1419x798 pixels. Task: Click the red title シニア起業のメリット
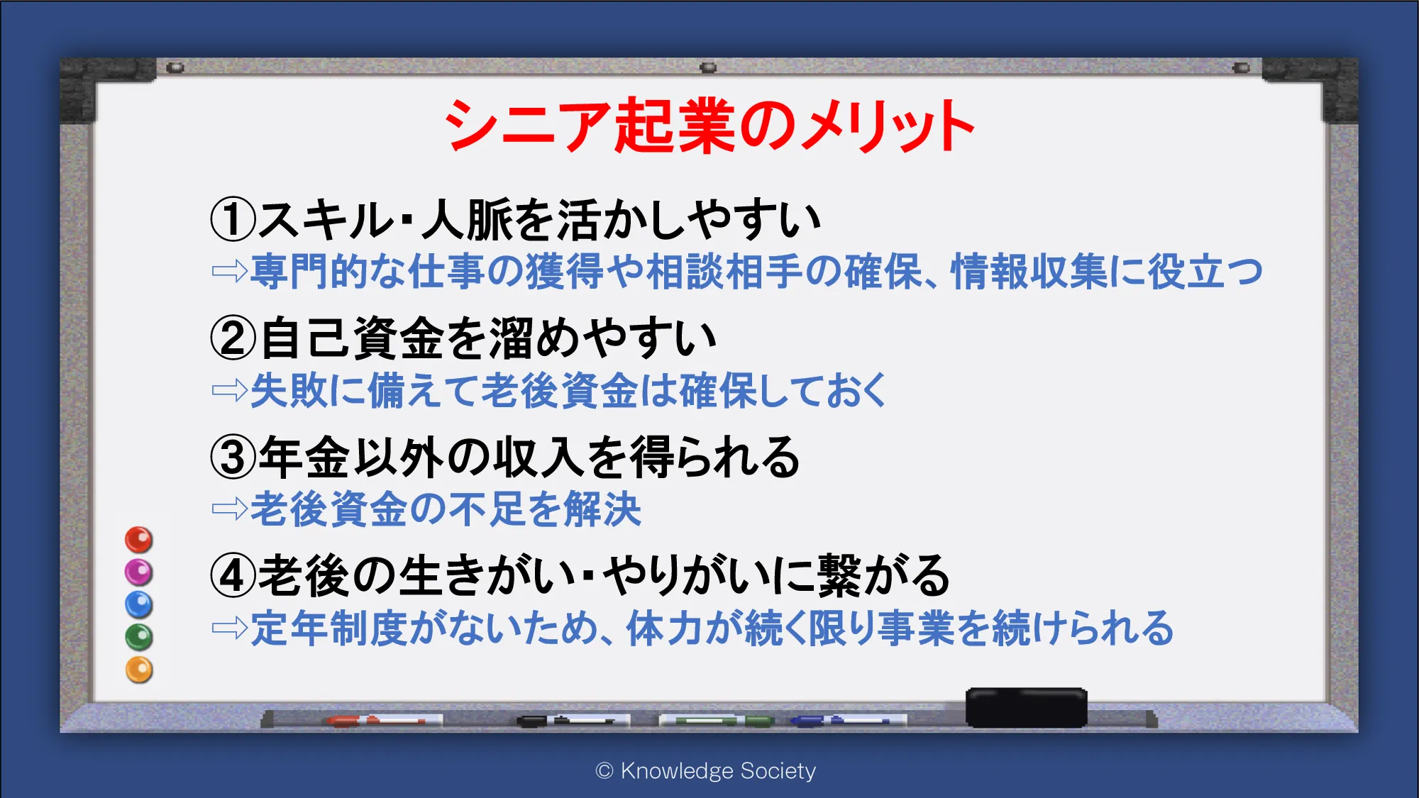click(709, 126)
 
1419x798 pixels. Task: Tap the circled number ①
click(233, 220)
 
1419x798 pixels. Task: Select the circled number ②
click(233, 338)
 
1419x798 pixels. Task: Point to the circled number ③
click(233, 457)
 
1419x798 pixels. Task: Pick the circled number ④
click(233, 575)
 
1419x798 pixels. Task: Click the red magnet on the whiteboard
click(139, 540)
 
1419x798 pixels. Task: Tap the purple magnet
click(139, 572)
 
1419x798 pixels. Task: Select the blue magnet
click(139, 604)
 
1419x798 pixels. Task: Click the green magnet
click(139, 637)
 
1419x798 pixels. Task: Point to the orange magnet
click(139, 670)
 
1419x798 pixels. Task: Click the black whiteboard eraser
click(1026, 707)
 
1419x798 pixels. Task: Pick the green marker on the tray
click(717, 721)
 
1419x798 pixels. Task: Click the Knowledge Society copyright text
click(706, 770)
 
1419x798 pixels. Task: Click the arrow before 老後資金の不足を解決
click(230, 509)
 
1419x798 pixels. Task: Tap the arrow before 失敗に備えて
click(230, 390)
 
